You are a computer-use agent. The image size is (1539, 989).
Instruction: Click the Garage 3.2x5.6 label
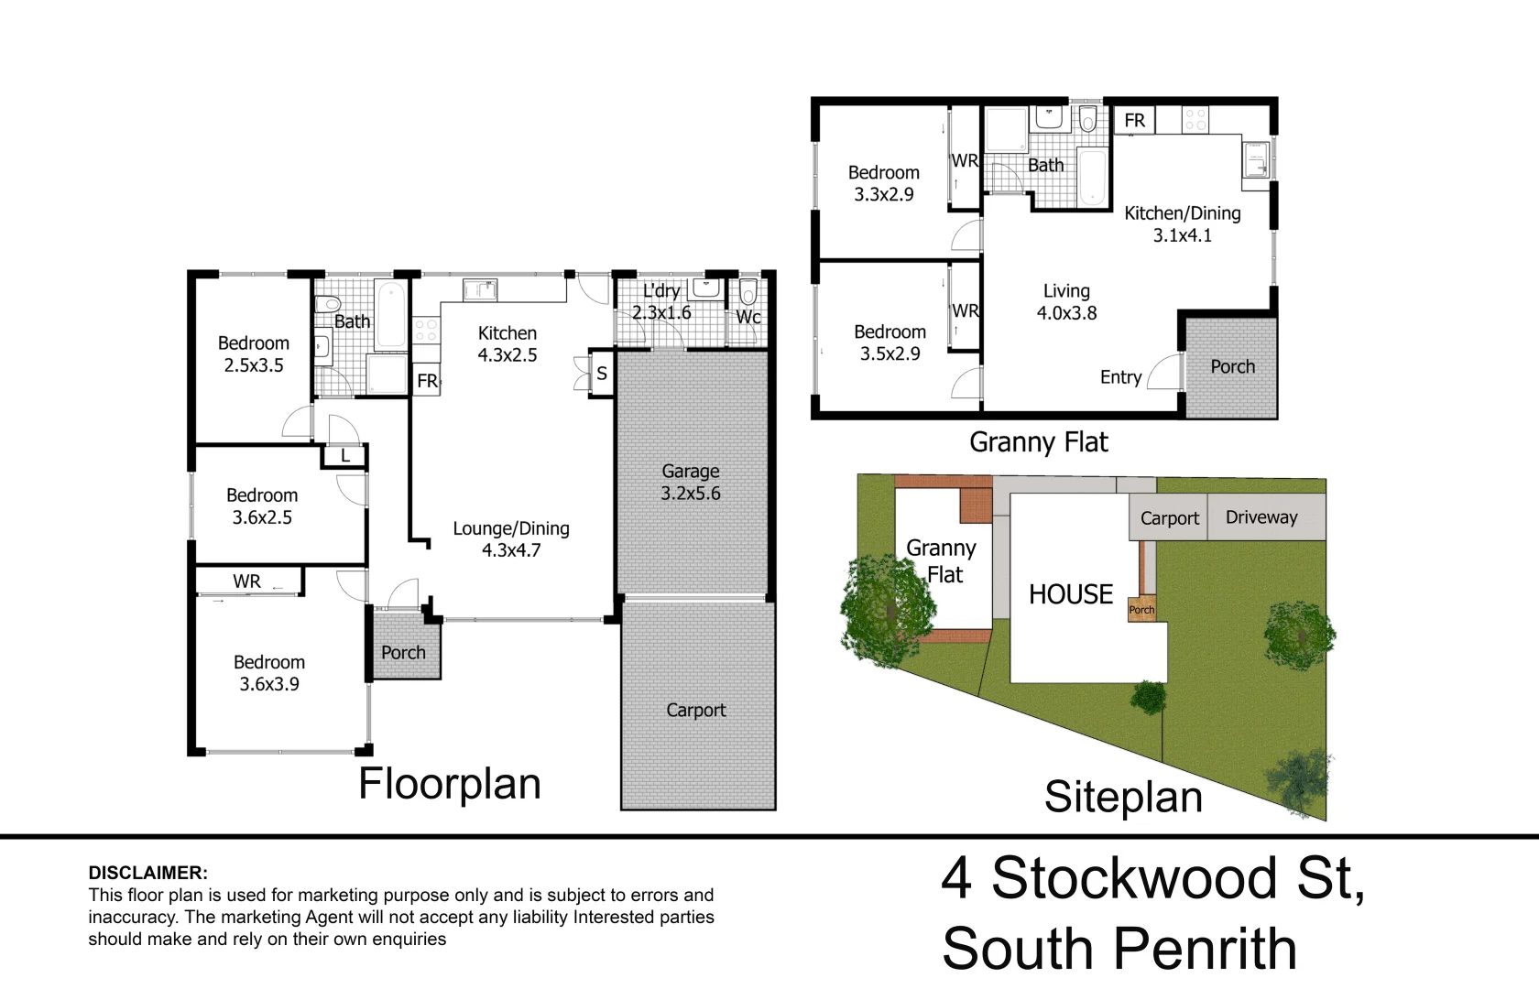[691, 483]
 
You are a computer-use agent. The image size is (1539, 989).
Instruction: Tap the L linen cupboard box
[344, 455]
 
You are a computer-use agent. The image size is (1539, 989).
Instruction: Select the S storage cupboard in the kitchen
[602, 374]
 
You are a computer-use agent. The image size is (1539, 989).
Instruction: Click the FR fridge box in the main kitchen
[427, 381]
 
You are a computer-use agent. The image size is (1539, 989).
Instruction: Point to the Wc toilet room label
[748, 317]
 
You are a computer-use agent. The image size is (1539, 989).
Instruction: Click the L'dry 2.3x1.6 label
[661, 301]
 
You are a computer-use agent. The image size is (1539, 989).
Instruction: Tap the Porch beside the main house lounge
[403, 652]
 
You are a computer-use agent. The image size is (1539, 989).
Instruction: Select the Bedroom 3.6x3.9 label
[269, 673]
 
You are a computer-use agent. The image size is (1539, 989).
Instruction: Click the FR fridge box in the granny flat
[1134, 121]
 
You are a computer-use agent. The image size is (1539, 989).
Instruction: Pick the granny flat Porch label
[1232, 366]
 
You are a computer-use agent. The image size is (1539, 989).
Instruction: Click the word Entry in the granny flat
[1120, 377]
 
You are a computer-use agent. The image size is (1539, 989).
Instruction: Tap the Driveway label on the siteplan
[1261, 517]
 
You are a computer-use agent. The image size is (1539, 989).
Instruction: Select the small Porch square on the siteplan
[1141, 610]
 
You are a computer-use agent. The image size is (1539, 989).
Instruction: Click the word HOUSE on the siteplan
[1071, 594]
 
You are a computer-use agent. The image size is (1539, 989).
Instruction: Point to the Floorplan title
[450, 784]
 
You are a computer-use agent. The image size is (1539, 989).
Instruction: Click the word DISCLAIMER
[147, 873]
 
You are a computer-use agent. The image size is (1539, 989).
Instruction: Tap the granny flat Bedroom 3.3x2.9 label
[883, 183]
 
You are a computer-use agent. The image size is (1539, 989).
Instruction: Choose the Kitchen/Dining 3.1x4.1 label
[1183, 223]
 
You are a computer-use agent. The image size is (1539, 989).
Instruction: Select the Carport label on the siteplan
[1169, 518]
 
